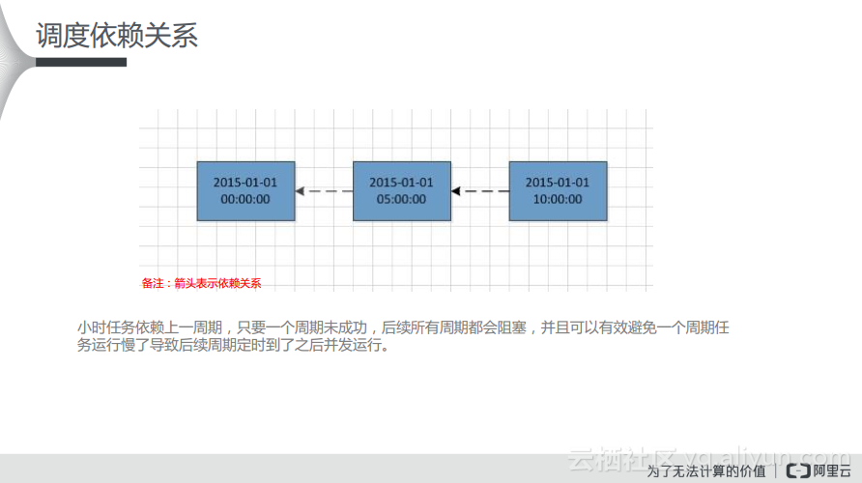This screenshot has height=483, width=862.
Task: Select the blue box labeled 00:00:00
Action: click(x=245, y=190)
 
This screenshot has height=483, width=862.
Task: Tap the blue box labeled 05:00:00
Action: click(x=401, y=190)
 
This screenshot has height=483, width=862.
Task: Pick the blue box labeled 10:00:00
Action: click(x=558, y=190)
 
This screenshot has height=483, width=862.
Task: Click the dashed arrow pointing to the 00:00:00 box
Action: click(x=324, y=191)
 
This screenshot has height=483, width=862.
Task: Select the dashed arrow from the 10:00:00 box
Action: click(x=480, y=191)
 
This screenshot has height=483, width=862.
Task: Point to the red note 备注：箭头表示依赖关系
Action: click(x=201, y=283)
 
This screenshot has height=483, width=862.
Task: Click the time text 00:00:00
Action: click(x=245, y=199)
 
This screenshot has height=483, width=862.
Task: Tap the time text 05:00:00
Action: click(x=401, y=199)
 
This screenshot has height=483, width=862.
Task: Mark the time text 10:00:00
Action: click(x=558, y=199)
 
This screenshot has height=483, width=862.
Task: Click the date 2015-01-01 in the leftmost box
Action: click(x=245, y=182)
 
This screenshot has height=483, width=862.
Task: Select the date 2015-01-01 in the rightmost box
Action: click(x=558, y=182)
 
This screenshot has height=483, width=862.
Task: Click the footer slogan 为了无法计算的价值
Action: click(x=705, y=471)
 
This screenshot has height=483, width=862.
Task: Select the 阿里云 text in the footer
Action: click(x=832, y=471)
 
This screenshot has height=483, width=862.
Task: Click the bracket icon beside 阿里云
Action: click(x=798, y=471)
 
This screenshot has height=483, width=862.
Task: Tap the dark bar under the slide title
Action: click(x=81, y=62)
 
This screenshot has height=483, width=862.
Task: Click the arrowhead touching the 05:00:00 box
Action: click(x=456, y=191)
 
